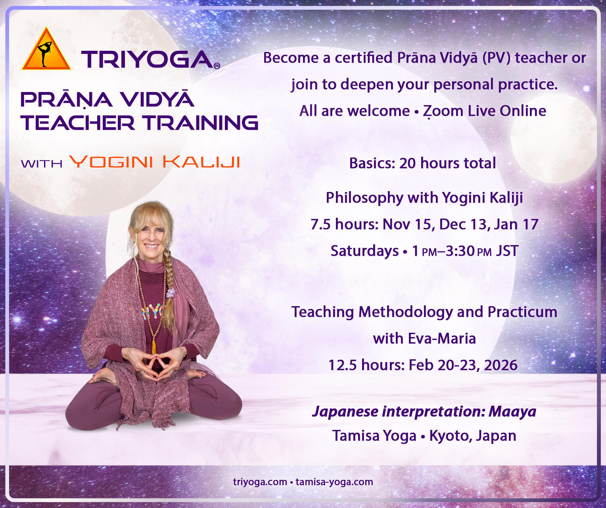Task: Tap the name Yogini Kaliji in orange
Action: click(154, 162)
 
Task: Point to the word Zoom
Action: click(443, 111)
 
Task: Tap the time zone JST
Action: click(507, 251)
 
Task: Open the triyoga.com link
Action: click(260, 482)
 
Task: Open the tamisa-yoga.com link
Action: click(334, 482)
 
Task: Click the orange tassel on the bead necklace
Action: click(154, 347)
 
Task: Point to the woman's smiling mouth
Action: click(151, 246)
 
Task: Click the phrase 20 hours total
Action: click(447, 163)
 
